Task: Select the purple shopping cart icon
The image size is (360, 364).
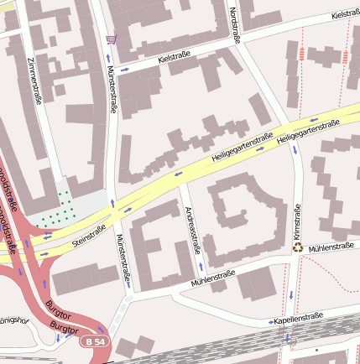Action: pyautogui.click(x=111, y=39)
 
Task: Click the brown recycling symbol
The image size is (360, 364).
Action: pyautogui.click(x=297, y=247)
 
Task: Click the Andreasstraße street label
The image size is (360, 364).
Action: pyautogui.click(x=193, y=229)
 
